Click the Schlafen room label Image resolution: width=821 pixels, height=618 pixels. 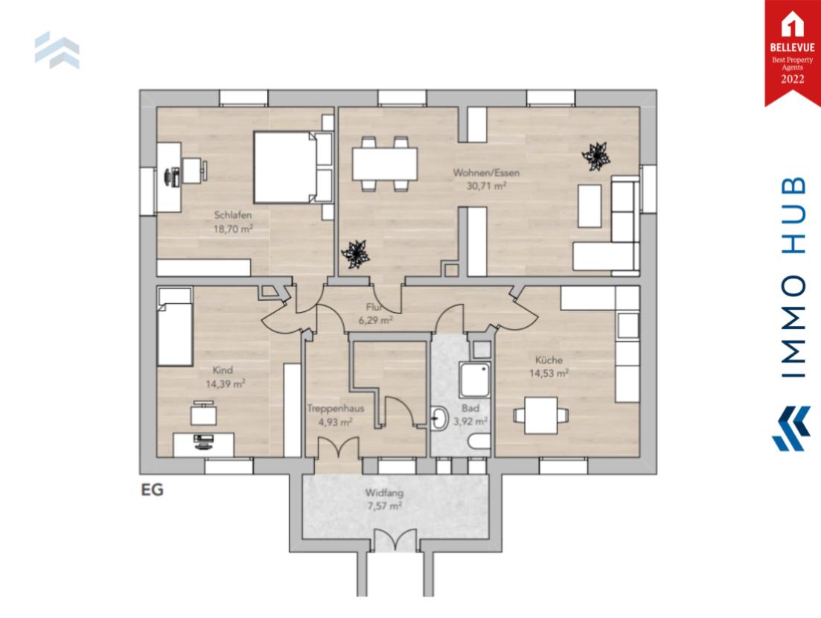tap(229, 215)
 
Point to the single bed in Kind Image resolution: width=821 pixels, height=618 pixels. tap(175, 328)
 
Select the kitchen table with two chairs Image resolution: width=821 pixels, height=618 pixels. tap(541, 415)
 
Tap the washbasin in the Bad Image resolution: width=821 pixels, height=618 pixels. tap(440, 419)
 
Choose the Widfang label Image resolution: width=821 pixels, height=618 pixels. tap(383, 492)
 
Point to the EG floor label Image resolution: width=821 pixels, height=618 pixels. tap(152, 491)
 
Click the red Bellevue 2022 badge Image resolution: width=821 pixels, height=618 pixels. tap(792, 49)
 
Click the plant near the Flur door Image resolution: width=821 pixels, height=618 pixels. tap(356, 255)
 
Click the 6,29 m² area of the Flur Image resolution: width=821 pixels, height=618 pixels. tap(375, 320)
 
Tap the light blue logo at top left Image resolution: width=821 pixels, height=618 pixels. tap(57, 50)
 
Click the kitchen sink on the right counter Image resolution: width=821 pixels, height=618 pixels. tap(628, 325)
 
